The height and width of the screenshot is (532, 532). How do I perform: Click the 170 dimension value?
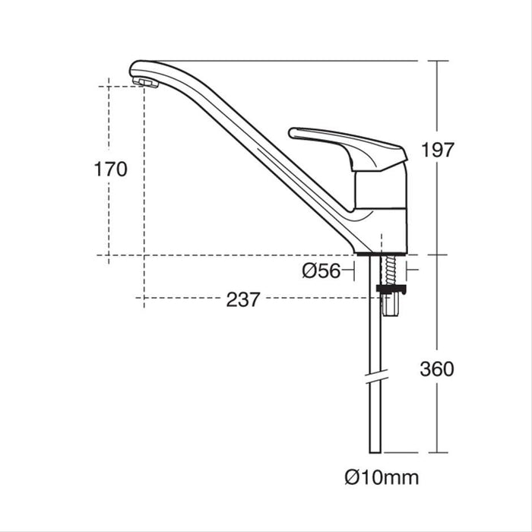[111, 169]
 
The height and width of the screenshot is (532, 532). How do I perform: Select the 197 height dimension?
[458, 150]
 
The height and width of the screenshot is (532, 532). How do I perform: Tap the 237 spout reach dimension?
[243, 299]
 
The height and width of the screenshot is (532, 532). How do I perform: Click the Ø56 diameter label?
[320, 271]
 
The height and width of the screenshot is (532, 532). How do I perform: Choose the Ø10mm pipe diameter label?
[381, 478]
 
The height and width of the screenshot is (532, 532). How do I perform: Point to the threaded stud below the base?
[391, 270]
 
